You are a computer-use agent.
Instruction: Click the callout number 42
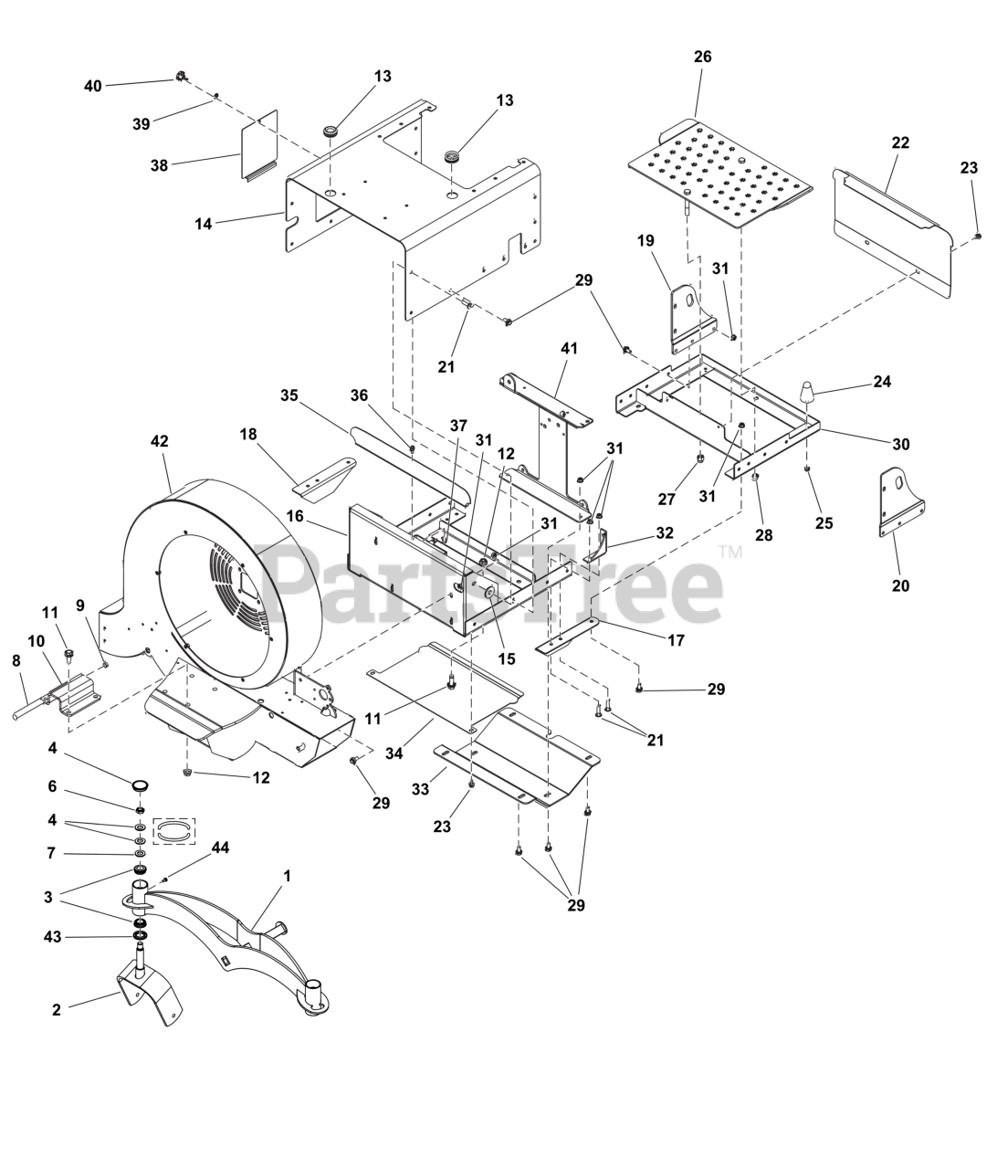[159, 440]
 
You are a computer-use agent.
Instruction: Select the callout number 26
[702, 57]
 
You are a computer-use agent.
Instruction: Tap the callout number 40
[93, 86]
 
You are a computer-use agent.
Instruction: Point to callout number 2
[57, 1010]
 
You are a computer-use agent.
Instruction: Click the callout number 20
[900, 586]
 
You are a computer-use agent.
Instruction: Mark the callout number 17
[676, 641]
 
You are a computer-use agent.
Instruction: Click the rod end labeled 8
[23, 710]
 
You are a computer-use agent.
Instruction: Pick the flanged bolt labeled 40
[181, 77]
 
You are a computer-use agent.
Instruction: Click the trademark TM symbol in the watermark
[730, 553]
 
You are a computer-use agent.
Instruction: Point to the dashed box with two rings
[173, 831]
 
